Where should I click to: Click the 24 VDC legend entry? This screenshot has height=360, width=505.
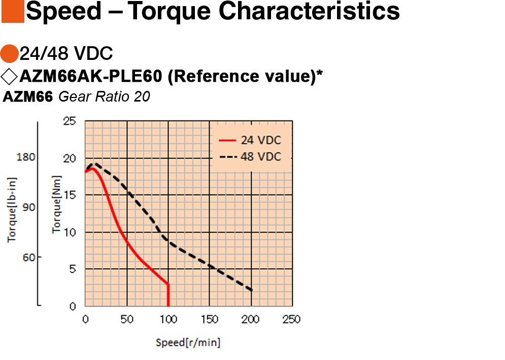click(x=250, y=140)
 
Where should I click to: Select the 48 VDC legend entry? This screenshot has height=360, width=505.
click(x=250, y=156)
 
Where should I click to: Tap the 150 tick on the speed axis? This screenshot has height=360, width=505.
click(x=210, y=319)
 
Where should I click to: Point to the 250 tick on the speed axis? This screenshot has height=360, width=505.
click(x=291, y=319)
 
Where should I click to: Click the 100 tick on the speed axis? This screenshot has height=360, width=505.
click(x=169, y=319)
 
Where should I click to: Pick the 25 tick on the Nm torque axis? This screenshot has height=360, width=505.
click(x=70, y=121)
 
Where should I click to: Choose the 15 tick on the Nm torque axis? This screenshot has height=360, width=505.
click(x=70, y=195)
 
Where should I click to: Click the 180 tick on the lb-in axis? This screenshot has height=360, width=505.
click(x=26, y=157)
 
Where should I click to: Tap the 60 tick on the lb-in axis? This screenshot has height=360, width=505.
click(x=28, y=257)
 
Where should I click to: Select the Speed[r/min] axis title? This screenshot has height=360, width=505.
click(x=188, y=342)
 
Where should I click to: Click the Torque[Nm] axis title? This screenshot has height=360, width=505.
click(x=57, y=204)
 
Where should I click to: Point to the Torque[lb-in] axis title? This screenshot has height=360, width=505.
click(x=12, y=210)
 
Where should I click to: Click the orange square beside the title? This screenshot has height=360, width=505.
click(x=13, y=11)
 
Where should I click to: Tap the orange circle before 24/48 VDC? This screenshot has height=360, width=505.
click(x=9, y=53)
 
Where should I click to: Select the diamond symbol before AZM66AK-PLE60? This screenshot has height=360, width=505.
click(x=9, y=76)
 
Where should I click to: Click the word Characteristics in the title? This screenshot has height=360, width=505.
click(x=309, y=11)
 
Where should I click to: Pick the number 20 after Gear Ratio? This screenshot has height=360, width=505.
click(x=142, y=96)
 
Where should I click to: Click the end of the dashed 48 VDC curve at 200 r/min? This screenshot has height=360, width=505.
click(x=252, y=290)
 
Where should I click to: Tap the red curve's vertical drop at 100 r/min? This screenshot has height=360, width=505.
click(x=168, y=295)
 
